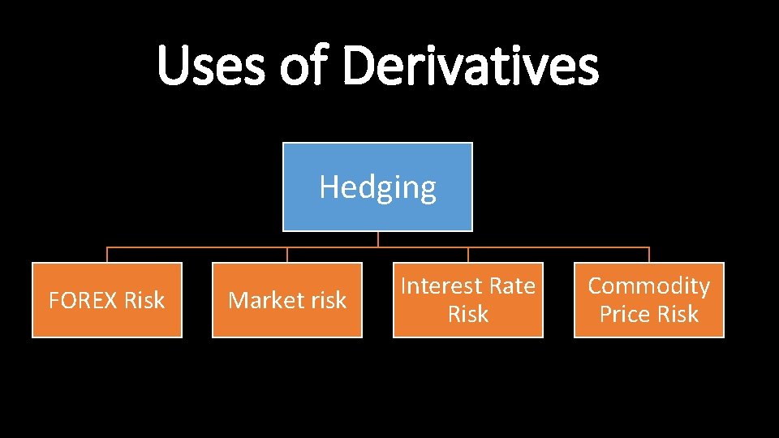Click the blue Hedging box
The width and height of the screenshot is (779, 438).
tap(377, 187)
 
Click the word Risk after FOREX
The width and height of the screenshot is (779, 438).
tap(144, 301)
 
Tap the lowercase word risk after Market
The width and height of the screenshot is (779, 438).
tap(327, 301)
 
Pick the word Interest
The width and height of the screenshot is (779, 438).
tap(440, 286)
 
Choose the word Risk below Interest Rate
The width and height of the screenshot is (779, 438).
tap(468, 315)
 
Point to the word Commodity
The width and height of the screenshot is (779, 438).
tap(648, 286)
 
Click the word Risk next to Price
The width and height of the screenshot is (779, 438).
tap(679, 315)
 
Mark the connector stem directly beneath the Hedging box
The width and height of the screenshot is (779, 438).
tap(378, 239)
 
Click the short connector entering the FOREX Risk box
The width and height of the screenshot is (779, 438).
tap(107, 255)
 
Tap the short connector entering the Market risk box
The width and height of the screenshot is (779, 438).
tap(287, 255)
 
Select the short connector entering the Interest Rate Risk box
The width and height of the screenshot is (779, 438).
tap(468, 255)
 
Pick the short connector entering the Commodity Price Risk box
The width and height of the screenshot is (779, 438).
tap(649, 255)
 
